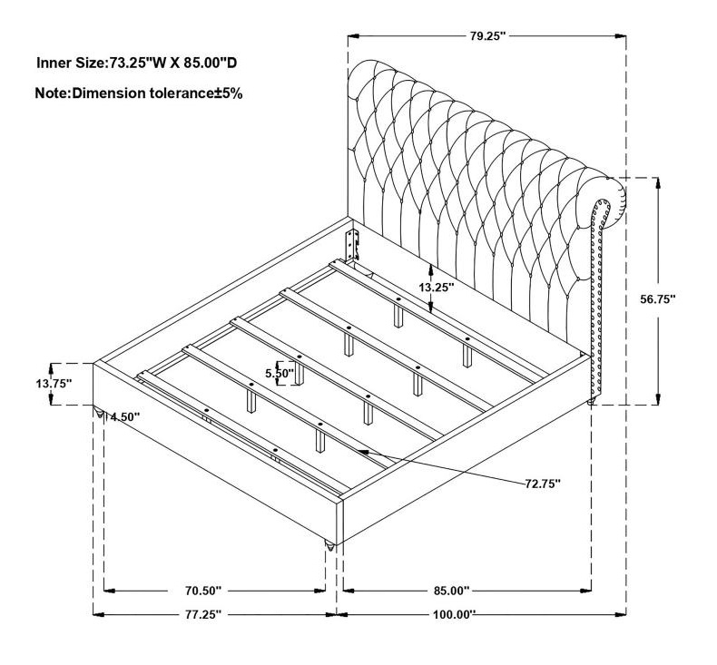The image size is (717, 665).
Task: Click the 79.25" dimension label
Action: click(x=487, y=35)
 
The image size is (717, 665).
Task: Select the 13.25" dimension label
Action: click(x=437, y=287)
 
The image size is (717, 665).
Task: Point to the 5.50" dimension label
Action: click(x=280, y=374)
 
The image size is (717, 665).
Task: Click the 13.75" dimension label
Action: click(x=54, y=383)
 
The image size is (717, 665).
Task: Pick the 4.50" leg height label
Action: click(x=124, y=416)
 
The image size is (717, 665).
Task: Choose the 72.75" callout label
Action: click(x=543, y=484)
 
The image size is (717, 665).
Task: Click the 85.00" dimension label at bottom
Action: click(x=452, y=591)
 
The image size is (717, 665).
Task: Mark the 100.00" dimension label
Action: click(x=455, y=614)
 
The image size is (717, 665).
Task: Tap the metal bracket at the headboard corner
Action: click(x=352, y=245)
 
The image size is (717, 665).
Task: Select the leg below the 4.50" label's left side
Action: click(x=99, y=413)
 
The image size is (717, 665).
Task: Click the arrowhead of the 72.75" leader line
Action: click(x=363, y=452)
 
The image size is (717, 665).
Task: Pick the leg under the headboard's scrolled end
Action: click(x=591, y=402)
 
